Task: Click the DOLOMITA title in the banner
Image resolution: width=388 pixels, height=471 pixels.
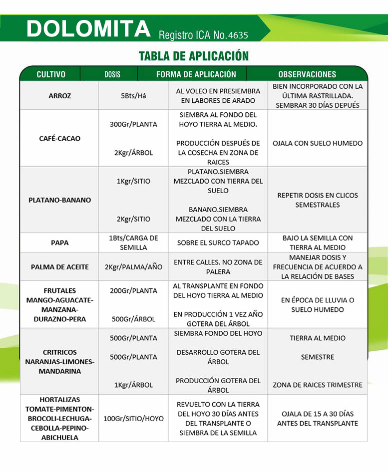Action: (88, 29)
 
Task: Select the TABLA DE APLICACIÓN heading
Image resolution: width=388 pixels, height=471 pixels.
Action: (194, 55)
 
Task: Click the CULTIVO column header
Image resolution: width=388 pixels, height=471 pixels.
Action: (51, 74)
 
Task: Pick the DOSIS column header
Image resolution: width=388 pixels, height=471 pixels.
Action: (112, 74)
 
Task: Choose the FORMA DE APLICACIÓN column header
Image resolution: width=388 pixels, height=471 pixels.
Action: (196, 74)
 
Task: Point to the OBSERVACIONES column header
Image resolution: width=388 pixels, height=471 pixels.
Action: (307, 74)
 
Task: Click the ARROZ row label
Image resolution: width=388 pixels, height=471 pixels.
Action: (60, 96)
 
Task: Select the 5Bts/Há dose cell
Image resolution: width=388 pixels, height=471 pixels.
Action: (133, 96)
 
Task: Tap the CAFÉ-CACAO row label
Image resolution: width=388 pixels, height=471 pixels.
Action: (59, 138)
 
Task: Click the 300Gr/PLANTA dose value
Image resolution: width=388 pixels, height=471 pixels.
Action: (133, 124)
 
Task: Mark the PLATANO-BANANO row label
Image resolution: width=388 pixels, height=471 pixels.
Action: (60, 200)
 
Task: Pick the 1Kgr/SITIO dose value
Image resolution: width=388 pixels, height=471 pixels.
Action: (133, 181)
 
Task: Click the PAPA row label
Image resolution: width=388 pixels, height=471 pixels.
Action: (60, 243)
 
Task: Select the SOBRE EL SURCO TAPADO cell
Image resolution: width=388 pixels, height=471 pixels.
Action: (218, 243)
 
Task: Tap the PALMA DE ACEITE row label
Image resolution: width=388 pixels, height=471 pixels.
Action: (60, 267)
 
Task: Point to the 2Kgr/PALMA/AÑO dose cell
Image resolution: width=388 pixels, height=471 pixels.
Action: (133, 267)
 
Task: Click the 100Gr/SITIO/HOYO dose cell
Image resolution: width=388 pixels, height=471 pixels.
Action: (133, 419)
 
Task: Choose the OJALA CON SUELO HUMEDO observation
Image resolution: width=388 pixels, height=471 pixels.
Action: (318, 143)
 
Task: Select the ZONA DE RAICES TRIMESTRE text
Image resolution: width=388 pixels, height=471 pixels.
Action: (318, 385)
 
